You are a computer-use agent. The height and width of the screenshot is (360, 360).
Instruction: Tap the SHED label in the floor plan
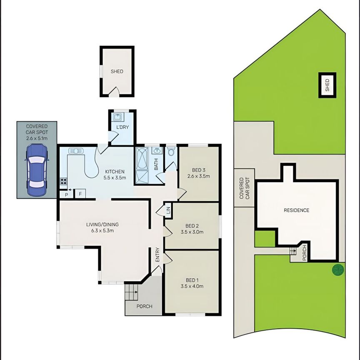[117, 71]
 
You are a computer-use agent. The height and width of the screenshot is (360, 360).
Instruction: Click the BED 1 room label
[192, 283]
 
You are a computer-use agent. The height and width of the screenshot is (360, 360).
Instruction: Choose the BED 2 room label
[192, 229]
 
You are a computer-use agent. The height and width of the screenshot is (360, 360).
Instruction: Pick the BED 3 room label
[198, 173]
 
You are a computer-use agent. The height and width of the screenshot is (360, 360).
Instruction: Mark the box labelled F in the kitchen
[80, 193]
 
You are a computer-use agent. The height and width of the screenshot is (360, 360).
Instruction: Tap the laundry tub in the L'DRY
[117, 117]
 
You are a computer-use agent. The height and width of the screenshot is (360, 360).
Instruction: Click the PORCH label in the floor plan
[144, 306]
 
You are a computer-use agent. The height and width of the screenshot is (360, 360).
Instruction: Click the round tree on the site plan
[338, 270]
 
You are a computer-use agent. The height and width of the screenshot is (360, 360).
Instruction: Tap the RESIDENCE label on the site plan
[296, 210]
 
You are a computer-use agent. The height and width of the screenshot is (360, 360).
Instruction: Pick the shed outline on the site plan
[327, 85]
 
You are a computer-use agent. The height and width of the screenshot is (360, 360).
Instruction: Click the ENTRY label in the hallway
[157, 255]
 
